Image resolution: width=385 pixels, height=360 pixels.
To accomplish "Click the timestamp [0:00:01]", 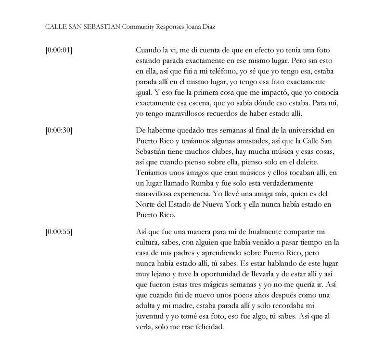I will tap(58, 50).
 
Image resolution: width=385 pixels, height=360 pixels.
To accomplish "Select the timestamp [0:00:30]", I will tap(58, 131).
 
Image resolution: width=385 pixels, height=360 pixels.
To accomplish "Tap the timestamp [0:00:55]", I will tap(58, 232).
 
